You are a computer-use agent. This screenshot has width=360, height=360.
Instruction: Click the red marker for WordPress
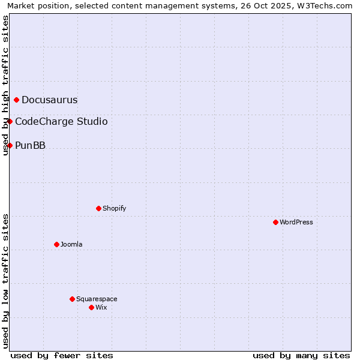point(275,222)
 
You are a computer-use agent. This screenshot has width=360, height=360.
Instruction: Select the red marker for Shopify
point(98,208)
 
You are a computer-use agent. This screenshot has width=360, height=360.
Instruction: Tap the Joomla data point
point(56,244)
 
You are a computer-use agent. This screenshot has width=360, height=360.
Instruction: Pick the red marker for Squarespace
point(72,299)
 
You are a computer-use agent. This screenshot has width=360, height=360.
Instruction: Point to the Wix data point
point(91,307)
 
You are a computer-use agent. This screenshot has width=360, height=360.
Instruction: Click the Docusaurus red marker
point(17,100)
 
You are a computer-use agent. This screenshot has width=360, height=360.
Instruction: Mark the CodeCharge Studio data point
point(10,121)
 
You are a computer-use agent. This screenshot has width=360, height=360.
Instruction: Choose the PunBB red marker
point(10,145)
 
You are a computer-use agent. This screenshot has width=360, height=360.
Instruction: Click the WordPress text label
point(296,222)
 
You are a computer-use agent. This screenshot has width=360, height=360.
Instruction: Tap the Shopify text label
point(114,208)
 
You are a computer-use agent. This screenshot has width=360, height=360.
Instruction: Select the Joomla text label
point(71,244)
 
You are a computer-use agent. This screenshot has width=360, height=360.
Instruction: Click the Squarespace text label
point(97,299)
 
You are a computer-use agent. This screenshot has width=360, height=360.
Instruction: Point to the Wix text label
point(101,307)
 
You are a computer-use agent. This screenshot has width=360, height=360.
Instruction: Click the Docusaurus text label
point(49,100)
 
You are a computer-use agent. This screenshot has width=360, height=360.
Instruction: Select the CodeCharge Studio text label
point(61,121)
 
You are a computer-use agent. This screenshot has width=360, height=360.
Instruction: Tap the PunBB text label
point(30,145)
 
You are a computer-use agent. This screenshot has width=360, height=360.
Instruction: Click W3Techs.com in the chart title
point(328,6)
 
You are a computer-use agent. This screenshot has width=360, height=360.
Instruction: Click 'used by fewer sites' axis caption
point(62,355)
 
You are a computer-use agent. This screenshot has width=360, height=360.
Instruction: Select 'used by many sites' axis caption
point(301,355)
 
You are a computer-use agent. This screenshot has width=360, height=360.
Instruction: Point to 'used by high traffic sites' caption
point(6,85)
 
